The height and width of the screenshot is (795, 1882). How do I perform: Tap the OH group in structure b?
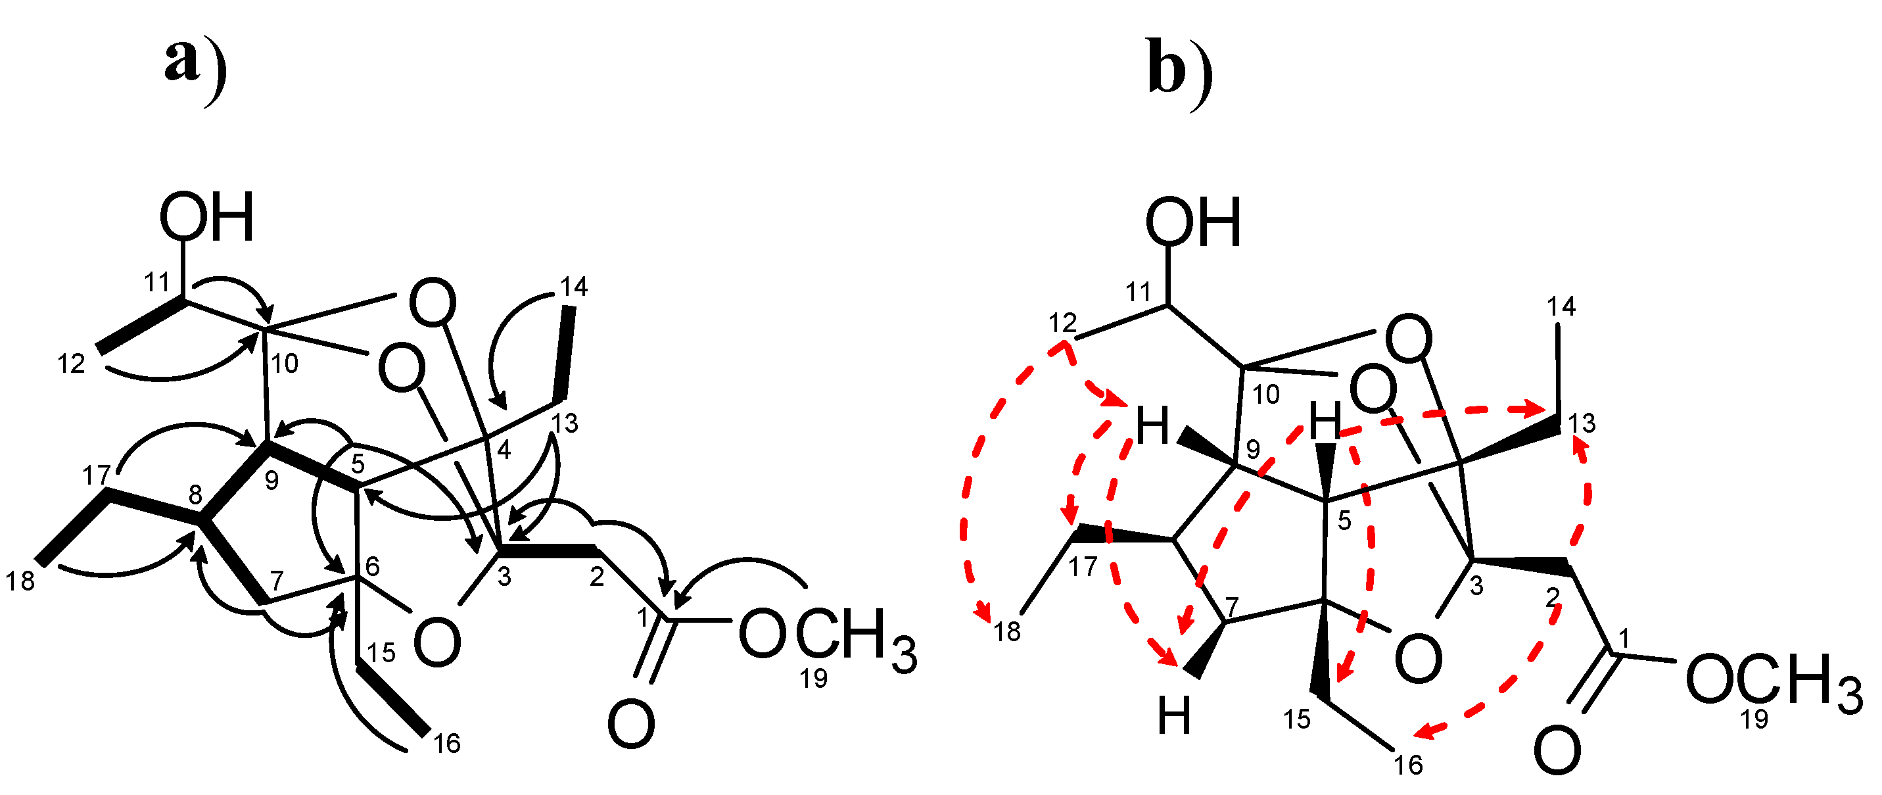[1193, 222]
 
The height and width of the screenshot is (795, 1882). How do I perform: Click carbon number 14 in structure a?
[573, 287]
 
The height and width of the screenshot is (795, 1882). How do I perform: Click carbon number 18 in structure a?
[20, 581]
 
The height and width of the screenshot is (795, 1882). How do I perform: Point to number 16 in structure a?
[446, 744]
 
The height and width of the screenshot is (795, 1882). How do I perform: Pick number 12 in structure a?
[72, 363]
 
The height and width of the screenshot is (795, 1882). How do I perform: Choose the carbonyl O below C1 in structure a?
[631, 724]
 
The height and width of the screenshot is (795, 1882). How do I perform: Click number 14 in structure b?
[1561, 307]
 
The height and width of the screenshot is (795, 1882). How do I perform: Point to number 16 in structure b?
[1408, 765]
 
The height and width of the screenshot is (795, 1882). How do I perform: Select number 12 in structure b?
[1063, 322]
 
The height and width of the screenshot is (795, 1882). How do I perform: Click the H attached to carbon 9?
[1152, 427]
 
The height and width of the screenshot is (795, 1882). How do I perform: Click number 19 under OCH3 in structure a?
[813, 679]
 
